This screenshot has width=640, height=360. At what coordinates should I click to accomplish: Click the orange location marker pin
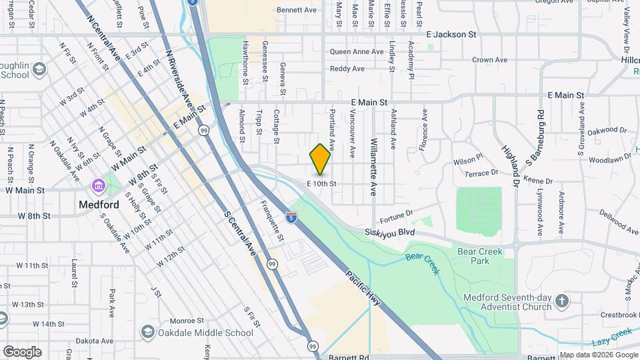click(x=321, y=159)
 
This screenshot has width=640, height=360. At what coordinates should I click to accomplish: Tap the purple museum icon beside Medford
click(x=99, y=185)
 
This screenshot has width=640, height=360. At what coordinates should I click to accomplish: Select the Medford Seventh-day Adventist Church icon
click(x=561, y=301)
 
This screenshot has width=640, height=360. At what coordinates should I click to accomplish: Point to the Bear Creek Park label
click(x=479, y=256)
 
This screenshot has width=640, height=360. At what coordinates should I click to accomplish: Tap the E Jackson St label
click(x=451, y=33)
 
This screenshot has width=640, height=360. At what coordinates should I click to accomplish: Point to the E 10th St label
click(x=321, y=183)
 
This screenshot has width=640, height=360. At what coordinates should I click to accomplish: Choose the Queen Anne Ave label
click(x=357, y=51)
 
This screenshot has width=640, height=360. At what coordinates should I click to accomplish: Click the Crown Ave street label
click(x=490, y=60)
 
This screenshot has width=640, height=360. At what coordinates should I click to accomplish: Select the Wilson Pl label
click(x=467, y=161)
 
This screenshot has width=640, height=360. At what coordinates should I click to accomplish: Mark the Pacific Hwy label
click(x=363, y=288)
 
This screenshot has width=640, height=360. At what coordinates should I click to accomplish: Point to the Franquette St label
click(x=272, y=221)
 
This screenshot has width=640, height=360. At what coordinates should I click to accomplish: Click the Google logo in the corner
click(x=21, y=351)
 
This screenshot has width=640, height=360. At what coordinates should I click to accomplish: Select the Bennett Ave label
click(x=296, y=10)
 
